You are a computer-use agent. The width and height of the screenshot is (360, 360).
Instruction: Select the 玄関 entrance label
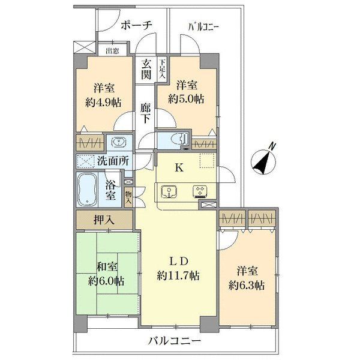[x=146, y=68]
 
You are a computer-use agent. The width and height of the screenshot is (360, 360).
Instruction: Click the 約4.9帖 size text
[x=103, y=101]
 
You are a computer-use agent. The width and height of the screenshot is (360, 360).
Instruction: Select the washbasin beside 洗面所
[x=118, y=143]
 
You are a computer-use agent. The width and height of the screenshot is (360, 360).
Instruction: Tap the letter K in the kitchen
[x=178, y=169]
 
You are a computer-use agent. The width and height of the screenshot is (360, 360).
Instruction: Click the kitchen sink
[x=170, y=192]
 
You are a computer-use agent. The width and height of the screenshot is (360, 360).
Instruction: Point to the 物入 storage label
[x=128, y=196]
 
